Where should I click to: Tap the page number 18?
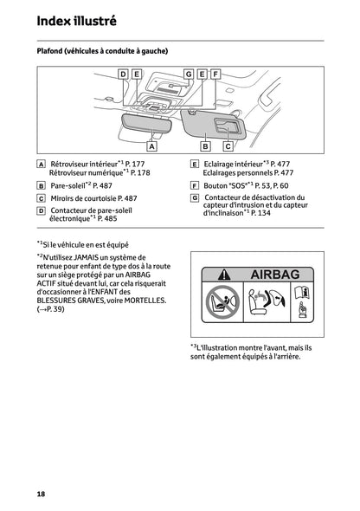[x=41, y=494]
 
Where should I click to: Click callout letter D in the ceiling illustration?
[x=123, y=74]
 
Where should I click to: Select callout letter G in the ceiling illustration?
[x=188, y=74]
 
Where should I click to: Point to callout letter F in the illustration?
[x=215, y=74]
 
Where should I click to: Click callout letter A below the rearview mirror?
[x=151, y=147]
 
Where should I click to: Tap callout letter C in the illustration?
[x=228, y=147]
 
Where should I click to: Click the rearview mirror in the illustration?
[x=147, y=122]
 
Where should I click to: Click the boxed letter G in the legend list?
[x=195, y=197]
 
